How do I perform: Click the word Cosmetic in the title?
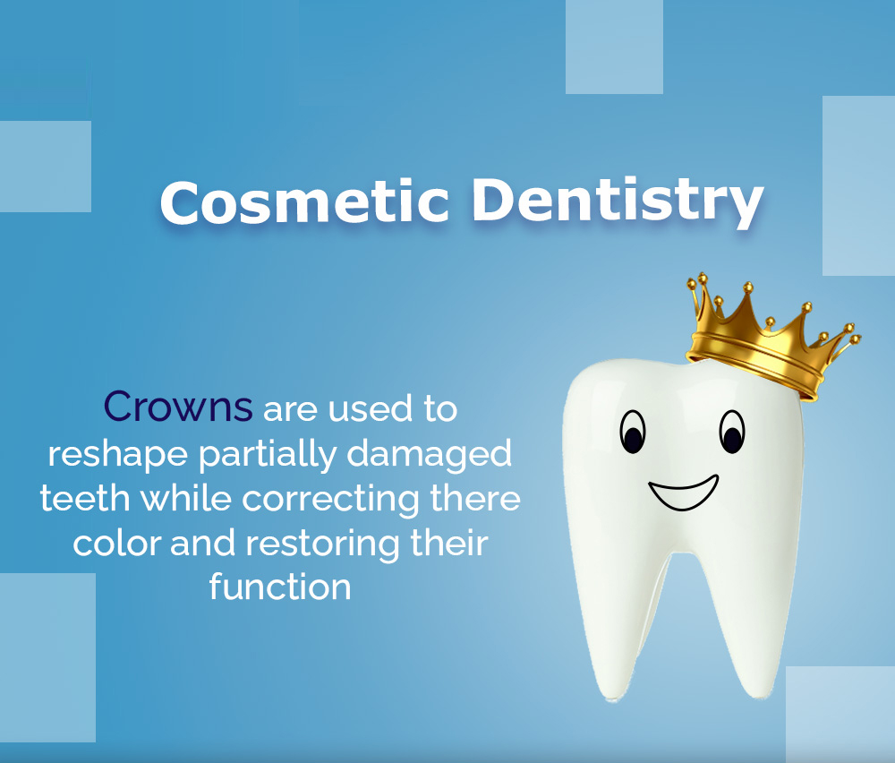[x=304, y=202]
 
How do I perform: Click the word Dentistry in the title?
[x=618, y=202]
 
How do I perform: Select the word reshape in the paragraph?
[x=117, y=455]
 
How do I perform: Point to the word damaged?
[x=429, y=455]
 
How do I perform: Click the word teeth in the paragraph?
[x=85, y=498]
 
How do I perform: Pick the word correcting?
[x=331, y=500]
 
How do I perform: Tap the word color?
[x=117, y=543]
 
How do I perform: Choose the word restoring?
[x=322, y=544]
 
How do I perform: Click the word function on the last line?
[x=279, y=587]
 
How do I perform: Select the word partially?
[x=267, y=455]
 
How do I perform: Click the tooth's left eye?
[x=633, y=432]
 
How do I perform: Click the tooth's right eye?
[x=732, y=432]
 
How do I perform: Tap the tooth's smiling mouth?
[x=683, y=494]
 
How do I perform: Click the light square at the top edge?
[x=614, y=47]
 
